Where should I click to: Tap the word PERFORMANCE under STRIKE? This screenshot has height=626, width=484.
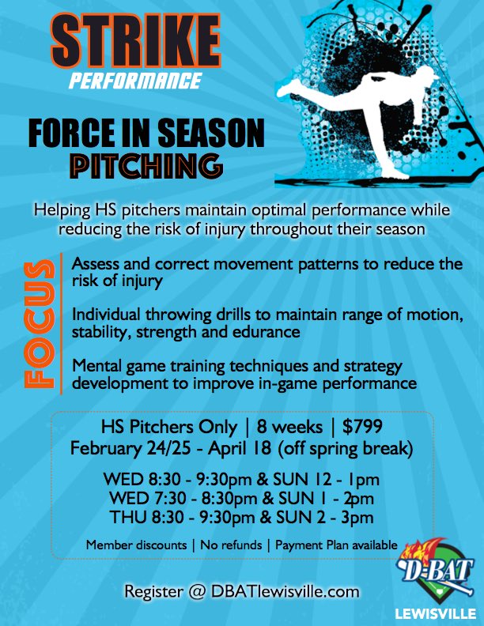pos(134,80)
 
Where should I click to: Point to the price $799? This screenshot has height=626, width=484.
pos(363,427)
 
